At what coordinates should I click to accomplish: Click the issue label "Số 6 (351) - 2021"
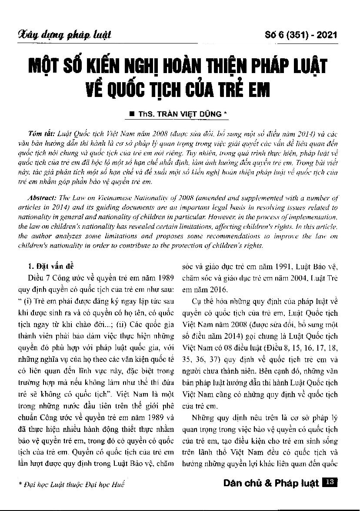pos(301,35)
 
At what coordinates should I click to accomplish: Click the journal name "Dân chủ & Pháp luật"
pos(271,483)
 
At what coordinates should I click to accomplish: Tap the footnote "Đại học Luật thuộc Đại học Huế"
pos(72,484)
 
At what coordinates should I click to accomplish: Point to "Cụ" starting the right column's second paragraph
pos(195,301)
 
